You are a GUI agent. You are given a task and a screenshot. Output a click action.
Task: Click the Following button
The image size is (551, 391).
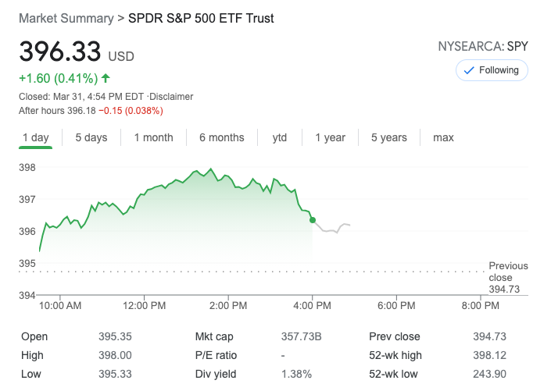[492, 70]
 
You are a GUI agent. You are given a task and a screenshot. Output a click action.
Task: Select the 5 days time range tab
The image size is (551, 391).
[91, 137]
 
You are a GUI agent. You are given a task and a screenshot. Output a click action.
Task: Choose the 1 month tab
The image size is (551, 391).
[153, 137]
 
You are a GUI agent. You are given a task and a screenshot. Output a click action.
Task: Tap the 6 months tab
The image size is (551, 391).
[221, 137]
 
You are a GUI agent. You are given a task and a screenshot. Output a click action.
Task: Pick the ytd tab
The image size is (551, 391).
[280, 137]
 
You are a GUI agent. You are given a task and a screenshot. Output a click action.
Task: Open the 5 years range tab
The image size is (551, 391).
[388, 137]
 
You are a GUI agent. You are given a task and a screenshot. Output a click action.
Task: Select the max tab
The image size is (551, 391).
[443, 137]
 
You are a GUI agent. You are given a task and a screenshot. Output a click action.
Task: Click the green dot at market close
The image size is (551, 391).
[313, 220]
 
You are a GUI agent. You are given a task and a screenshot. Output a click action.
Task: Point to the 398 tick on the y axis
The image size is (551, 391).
[27, 167]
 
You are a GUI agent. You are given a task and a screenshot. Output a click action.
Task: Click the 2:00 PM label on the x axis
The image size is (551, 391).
[229, 305]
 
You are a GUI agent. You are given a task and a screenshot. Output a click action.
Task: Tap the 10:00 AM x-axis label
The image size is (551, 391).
[60, 305]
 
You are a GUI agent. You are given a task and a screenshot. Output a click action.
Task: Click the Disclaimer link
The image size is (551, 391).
[171, 97]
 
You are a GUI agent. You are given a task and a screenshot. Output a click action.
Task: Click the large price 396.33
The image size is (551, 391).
[60, 52]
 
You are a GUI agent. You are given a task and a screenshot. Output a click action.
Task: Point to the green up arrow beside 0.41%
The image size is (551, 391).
[106, 78]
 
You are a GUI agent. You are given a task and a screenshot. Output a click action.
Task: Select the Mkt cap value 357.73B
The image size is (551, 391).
[302, 336]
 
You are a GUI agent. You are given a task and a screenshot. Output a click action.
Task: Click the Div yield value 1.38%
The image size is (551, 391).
[296, 374]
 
